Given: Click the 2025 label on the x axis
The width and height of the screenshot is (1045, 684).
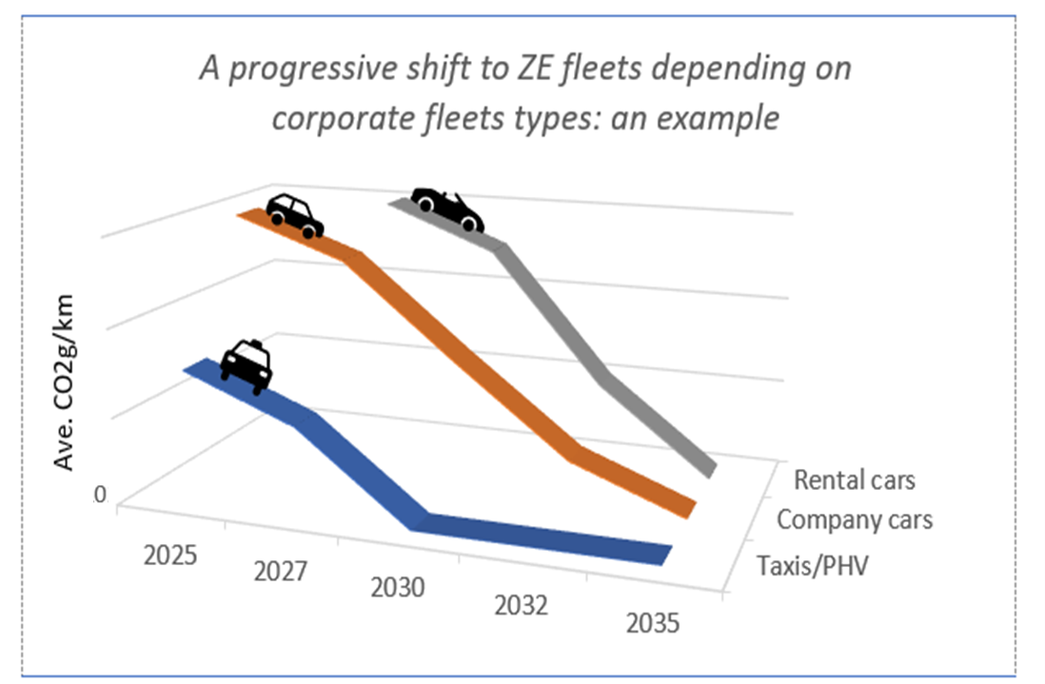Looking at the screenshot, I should click(x=170, y=554).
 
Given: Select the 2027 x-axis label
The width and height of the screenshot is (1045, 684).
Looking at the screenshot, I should click(x=281, y=571).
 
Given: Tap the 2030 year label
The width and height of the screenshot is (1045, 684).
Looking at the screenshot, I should click(x=397, y=588).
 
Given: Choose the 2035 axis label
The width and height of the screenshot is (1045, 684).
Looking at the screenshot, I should click(x=653, y=623).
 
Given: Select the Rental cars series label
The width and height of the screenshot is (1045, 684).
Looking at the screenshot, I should click(x=854, y=479).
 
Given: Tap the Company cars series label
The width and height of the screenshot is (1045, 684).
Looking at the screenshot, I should click(x=854, y=520).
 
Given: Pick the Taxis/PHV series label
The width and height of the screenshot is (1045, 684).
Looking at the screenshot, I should click(x=814, y=566).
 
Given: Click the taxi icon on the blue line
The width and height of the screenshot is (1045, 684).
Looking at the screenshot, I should click(x=247, y=365).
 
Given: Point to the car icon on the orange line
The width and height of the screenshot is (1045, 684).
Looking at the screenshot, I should click(x=294, y=215).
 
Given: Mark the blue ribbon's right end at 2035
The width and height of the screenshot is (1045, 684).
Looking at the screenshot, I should click(x=662, y=554).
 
